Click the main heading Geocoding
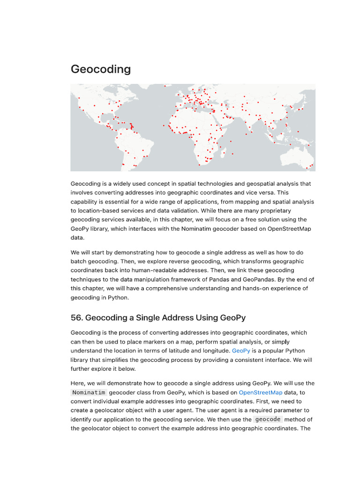tap(100, 69)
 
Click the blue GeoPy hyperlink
tap(241, 351)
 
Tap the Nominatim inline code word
tap(89, 392)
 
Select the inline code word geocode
tap(268, 420)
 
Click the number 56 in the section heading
tap(76, 318)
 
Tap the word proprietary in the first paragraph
tap(274, 210)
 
